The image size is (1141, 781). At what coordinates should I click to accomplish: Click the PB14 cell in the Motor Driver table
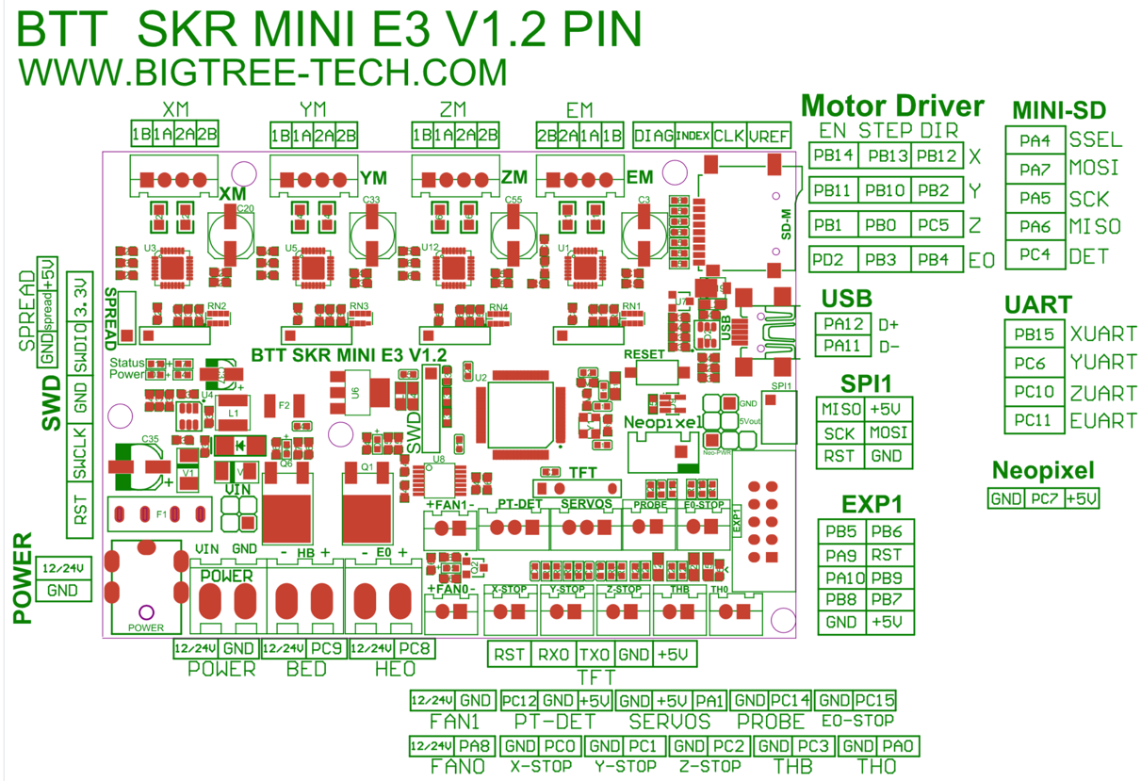pos(834,155)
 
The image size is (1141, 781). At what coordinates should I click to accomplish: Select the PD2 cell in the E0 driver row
pos(834,260)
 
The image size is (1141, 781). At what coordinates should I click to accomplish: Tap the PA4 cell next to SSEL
pos(1035,140)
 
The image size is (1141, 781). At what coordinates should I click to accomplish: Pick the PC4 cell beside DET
pos(1035,255)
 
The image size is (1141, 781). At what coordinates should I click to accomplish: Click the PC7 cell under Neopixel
pos(1044,498)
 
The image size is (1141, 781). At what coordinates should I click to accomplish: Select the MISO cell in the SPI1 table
pos(840,410)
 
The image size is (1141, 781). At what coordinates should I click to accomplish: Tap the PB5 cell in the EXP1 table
pos(840,531)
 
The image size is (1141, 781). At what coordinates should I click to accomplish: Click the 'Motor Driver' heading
pos(892,106)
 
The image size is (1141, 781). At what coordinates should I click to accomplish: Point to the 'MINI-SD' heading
pos(1058,110)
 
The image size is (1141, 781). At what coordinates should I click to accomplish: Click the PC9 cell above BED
pos(325,649)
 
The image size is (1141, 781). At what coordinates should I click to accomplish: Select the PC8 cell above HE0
pos(414,649)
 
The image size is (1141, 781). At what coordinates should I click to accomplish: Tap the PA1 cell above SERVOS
pos(709,700)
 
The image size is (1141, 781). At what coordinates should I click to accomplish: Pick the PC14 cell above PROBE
pos(790,700)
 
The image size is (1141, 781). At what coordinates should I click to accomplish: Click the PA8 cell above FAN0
pos(477,745)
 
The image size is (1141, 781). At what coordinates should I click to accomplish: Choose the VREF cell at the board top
pos(770,136)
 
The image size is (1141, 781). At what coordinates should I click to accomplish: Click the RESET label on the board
pos(644,352)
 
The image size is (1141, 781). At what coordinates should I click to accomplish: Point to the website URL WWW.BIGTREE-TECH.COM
pos(263,73)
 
